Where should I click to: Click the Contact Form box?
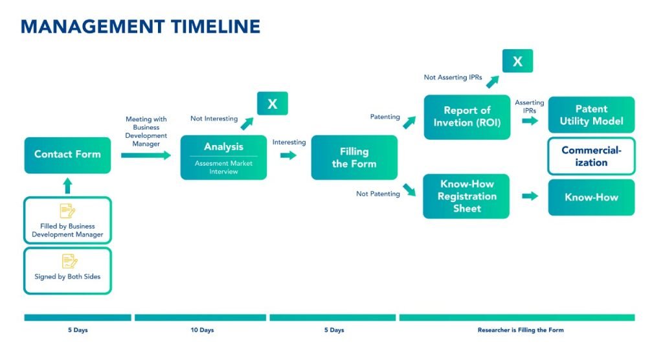click(67, 155)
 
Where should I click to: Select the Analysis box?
click(223, 157)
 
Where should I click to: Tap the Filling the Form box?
click(354, 157)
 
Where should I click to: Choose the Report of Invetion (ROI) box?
click(467, 117)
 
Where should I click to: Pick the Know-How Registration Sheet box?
click(467, 196)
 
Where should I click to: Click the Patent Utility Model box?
click(591, 115)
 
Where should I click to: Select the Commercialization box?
click(591, 156)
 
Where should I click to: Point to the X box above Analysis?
click(272, 104)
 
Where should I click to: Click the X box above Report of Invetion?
click(517, 61)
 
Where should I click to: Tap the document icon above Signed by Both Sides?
click(68, 261)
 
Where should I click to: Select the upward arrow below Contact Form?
click(67, 186)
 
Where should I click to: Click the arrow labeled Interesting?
click(289, 155)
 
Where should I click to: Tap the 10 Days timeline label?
click(201, 330)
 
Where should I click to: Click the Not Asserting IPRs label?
click(453, 77)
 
